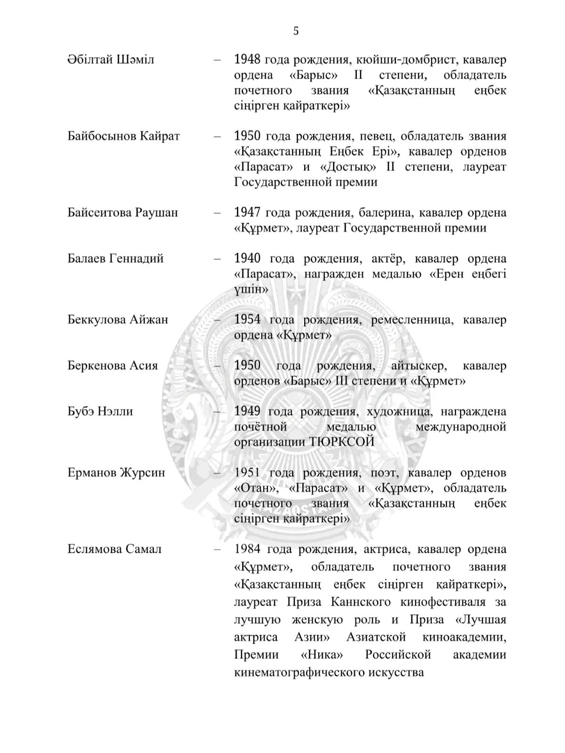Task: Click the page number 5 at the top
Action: [296, 31]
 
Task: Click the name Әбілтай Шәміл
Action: [111, 60]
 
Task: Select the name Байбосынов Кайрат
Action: [123, 137]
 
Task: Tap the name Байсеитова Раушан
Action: [122, 212]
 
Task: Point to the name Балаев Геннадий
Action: [115, 259]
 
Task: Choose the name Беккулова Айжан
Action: [117, 320]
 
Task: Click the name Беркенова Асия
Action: [113, 365]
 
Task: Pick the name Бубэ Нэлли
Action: [100, 411]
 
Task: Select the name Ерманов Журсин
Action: [116, 472]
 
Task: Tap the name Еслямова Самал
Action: [114, 549]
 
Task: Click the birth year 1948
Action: [247, 60]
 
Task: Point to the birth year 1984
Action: [247, 549]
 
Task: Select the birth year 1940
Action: [247, 259]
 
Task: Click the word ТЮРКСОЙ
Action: [342, 442]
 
